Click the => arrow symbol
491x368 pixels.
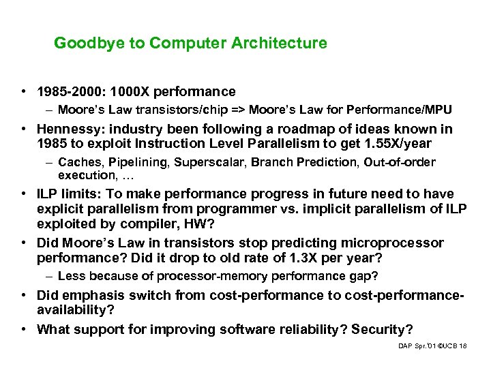[x=238, y=110]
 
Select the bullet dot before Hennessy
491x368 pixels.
[x=23, y=129]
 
